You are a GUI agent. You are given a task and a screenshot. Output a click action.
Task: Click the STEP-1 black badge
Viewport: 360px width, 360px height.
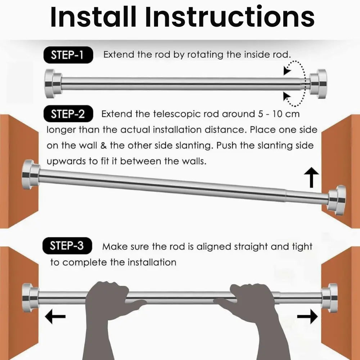click(x=68, y=55)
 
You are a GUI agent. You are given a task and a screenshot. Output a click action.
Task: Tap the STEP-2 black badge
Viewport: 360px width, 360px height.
click(x=68, y=114)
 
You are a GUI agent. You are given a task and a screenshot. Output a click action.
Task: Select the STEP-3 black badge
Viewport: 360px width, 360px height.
click(x=67, y=246)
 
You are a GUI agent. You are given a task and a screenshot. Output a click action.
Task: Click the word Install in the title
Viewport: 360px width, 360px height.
click(x=93, y=17)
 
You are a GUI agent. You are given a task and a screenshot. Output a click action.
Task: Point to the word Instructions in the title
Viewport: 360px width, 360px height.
click(x=230, y=17)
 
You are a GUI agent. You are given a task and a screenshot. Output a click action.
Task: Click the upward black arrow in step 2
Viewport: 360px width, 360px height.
click(x=311, y=177)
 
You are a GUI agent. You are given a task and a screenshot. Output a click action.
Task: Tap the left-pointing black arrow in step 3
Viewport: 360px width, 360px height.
click(x=55, y=316)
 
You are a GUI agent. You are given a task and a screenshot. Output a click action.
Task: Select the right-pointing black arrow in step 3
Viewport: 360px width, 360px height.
click(x=307, y=316)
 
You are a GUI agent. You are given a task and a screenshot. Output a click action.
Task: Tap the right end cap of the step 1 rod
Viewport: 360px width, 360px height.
click(x=318, y=84)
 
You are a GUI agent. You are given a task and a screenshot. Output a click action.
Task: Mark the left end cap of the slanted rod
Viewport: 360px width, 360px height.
click(x=31, y=175)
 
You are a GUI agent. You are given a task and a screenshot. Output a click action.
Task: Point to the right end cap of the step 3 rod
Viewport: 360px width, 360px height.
click(x=329, y=298)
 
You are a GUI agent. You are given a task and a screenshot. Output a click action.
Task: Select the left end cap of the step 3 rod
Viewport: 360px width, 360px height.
click(x=31, y=298)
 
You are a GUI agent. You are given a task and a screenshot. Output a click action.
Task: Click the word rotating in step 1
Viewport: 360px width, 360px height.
click(x=205, y=55)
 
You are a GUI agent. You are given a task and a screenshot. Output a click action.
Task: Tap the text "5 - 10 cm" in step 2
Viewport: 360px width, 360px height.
click(x=279, y=114)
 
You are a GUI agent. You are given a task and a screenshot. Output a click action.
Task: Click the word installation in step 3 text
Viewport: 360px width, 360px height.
click(x=152, y=262)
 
